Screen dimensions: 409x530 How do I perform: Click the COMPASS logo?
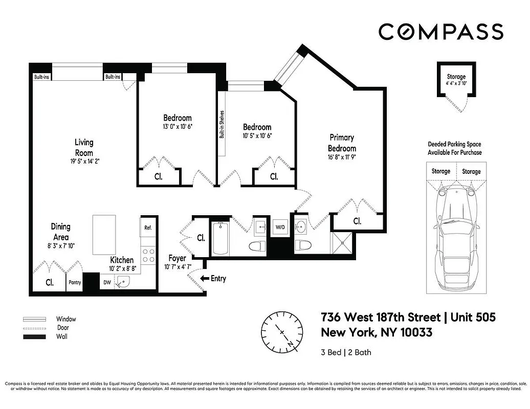point(440,32)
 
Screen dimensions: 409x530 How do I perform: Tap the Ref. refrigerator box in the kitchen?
point(148,228)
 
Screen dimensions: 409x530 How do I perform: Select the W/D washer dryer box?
point(280,226)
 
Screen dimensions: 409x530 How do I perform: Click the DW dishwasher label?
point(107,282)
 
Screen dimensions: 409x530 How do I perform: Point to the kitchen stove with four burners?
point(148,255)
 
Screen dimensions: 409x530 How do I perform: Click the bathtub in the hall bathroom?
point(220,238)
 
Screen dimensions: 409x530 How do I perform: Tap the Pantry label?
point(75,282)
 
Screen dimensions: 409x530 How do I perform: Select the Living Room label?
point(84,147)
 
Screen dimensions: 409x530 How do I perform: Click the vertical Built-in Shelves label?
point(222,125)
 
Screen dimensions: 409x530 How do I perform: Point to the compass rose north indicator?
point(279,332)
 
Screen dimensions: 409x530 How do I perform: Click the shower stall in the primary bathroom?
point(341,243)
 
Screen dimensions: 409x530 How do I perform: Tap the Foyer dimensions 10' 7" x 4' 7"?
point(177,267)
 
